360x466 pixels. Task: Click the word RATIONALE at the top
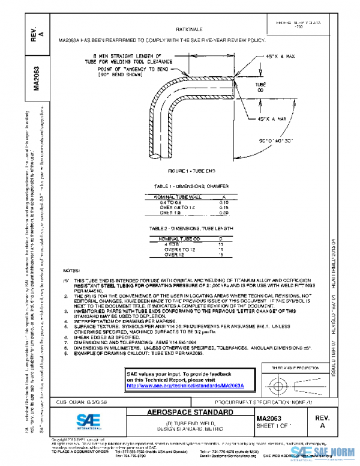coord(189,29)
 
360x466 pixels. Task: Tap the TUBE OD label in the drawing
coord(260,88)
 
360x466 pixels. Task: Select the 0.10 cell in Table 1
coord(223,203)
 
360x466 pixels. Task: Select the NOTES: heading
coord(71,271)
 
